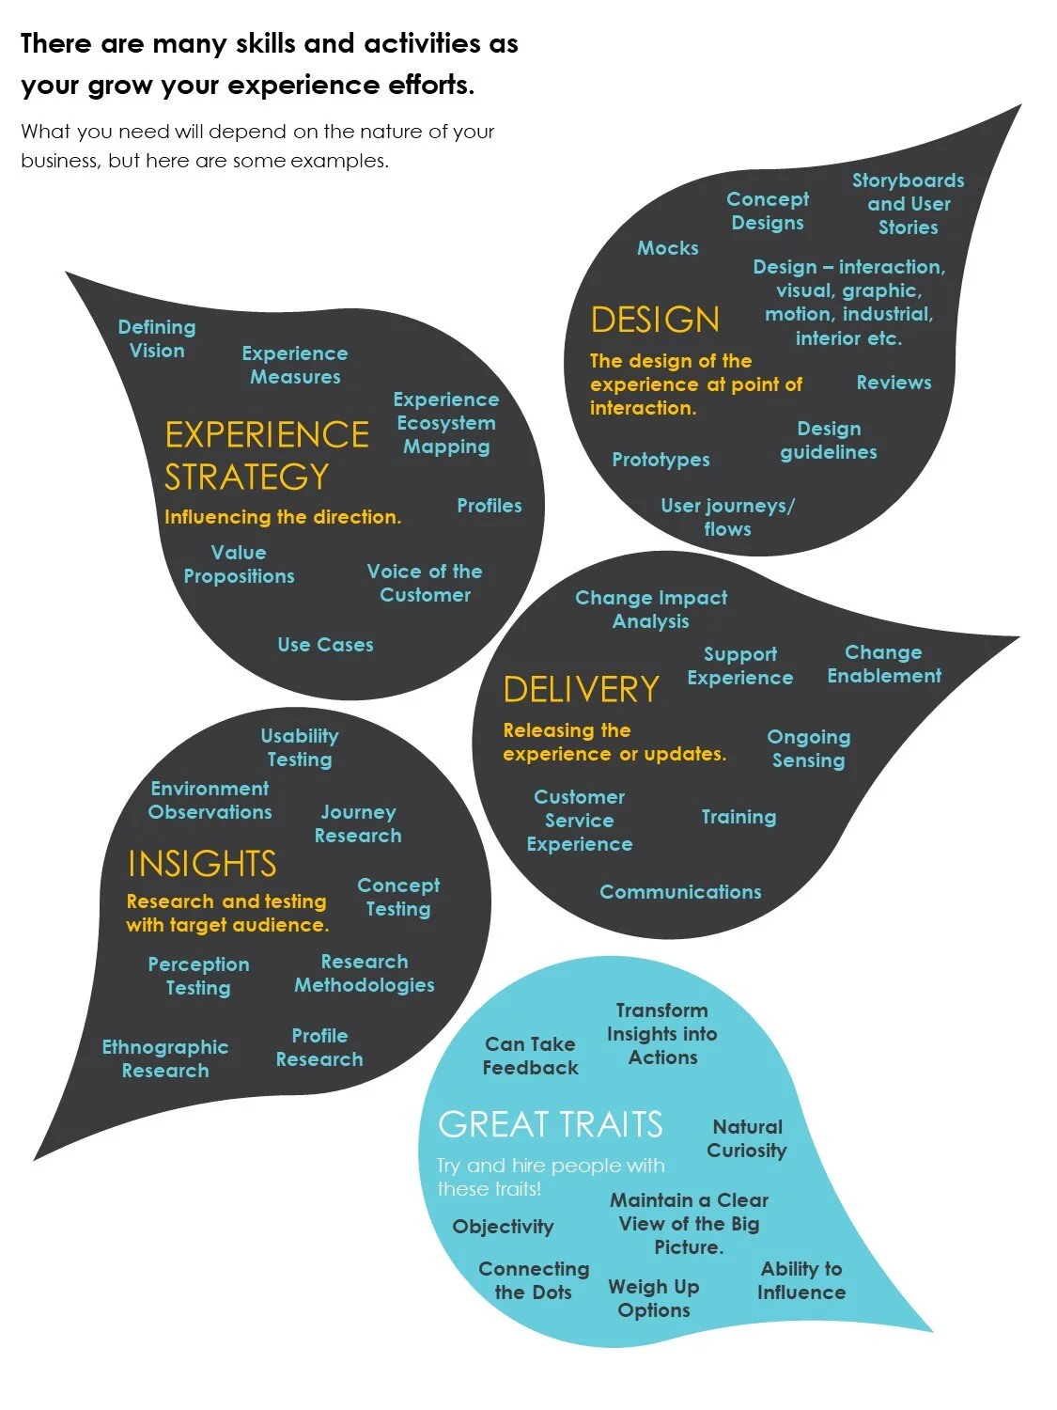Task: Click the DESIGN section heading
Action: coord(655,320)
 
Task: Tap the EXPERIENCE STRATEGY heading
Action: coord(266,455)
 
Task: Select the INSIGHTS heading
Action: coord(202,863)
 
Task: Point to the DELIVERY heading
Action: coord(581,689)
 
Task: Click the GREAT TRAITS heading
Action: coord(550,1124)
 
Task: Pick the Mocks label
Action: coord(668,248)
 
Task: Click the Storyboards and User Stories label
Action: coord(908,204)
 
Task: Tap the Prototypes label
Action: coord(661,460)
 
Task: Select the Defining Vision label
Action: coord(157,338)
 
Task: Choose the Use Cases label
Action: coord(325,645)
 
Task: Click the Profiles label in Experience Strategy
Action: coord(489,506)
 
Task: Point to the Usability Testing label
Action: coord(300,747)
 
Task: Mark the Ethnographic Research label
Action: coord(165,1058)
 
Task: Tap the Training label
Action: coord(738,817)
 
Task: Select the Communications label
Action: coord(680,892)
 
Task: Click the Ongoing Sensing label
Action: coord(808,748)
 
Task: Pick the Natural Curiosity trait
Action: coord(747,1138)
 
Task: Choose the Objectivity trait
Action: coord(503,1227)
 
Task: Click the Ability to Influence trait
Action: coord(801,1280)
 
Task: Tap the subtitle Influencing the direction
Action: coord(282,517)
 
